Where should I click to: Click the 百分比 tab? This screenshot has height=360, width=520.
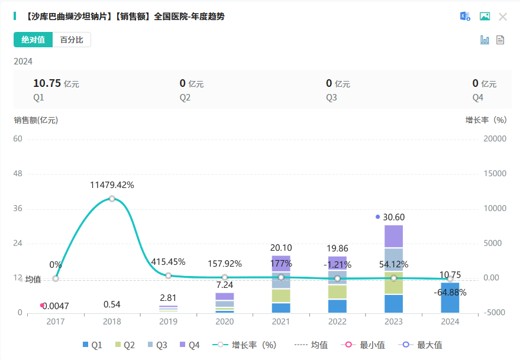coord(72,40)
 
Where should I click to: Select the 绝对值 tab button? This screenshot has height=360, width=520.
coord(33,40)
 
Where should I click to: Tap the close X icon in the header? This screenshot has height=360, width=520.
coord(503,17)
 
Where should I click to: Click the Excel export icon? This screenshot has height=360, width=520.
coord(465,17)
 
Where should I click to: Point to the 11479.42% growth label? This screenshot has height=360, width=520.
coord(112,185)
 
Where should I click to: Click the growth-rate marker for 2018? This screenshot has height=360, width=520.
coord(112,199)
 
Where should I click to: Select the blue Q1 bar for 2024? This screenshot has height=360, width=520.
coord(450,298)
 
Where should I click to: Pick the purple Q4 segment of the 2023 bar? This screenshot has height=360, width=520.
coord(393,236)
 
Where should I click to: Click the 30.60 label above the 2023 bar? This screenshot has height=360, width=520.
coord(393,217)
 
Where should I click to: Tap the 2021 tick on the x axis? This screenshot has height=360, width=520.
coord(281,322)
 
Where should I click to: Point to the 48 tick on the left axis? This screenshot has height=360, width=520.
coord(18,174)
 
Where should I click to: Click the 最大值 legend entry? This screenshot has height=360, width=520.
coord(421,345)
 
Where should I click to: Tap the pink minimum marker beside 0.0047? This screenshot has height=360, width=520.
coord(42,305)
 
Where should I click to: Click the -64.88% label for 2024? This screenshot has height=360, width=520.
coord(450,292)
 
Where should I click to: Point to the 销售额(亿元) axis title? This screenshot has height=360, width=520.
coord(36,120)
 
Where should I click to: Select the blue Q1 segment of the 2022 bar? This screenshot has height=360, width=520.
coord(337,306)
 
